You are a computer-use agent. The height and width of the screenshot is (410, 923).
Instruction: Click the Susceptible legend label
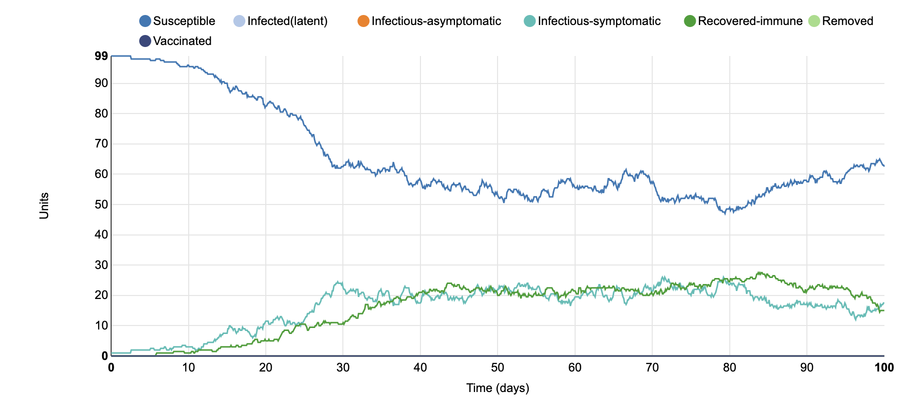(x=184, y=21)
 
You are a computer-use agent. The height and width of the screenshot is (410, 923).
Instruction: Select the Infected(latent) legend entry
(x=287, y=21)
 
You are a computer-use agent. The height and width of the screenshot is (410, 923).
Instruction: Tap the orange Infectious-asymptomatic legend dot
(x=363, y=21)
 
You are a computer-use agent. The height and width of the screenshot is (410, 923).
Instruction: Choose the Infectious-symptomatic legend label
(x=599, y=21)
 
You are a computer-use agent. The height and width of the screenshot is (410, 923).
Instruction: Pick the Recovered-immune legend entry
(x=750, y=21)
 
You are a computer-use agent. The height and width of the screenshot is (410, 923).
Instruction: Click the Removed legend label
(x=847, y=21)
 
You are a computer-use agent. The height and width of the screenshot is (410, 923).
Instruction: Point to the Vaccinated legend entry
(x=182, y=41)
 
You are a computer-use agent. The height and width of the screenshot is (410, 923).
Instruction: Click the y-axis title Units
(x=44, y=206)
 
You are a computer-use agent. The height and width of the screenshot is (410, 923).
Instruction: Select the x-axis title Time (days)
(x=498, y=388)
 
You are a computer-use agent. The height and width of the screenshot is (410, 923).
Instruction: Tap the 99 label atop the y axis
(x=101, y=56)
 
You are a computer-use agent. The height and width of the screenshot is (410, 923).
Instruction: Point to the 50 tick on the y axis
(x=101, y=204)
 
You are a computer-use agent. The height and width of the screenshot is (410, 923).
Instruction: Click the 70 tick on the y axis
(x=101, y=144)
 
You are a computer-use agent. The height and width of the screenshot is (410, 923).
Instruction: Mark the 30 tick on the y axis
(x=101, y=265)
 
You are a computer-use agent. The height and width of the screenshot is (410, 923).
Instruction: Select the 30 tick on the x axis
(x=343, y=368)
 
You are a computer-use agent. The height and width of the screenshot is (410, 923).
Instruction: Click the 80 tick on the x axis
(x=729, y=368)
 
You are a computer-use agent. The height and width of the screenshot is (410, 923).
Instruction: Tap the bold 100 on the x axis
(x=884, y=368)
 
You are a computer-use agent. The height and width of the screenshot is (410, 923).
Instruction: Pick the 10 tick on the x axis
(x=188, y=368)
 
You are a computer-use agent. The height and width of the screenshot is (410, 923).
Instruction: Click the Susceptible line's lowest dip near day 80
(x=724, y=213)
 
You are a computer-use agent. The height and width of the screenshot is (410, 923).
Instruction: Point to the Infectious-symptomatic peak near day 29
(x=338, y=282)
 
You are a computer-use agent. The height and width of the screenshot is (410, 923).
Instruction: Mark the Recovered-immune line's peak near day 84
(x=759, y=272)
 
